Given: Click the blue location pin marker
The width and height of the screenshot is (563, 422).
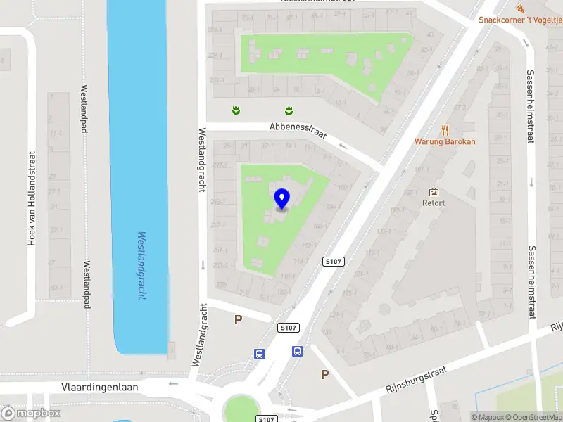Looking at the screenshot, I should [281, 199].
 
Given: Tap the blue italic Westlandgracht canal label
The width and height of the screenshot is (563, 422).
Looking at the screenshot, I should [141, 266].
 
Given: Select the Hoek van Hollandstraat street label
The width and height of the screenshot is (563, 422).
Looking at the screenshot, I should [31, 198].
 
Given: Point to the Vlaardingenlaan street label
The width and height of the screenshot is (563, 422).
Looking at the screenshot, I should [99, 387].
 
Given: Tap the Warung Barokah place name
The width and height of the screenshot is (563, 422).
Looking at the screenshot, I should [445, 141].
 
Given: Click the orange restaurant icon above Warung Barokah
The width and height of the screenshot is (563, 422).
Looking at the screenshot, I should [445, 129].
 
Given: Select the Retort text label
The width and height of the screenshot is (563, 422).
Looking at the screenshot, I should [434, 203].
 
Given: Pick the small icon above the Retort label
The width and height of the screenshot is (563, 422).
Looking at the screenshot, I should [434, 192].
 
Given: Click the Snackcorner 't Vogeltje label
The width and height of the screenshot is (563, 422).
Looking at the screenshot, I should [520, 20].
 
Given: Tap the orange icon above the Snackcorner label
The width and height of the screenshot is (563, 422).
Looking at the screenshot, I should [519, 8].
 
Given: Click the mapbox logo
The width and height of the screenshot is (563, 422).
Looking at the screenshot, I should [31, 414].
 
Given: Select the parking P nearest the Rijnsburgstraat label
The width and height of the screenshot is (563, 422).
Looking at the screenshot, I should [324, 375].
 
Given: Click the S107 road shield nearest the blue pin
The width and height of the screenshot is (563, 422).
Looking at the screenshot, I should [334, 262].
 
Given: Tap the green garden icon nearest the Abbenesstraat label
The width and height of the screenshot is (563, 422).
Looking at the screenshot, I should [289, 110].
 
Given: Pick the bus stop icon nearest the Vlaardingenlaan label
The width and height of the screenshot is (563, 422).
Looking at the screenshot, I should [259, 354].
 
